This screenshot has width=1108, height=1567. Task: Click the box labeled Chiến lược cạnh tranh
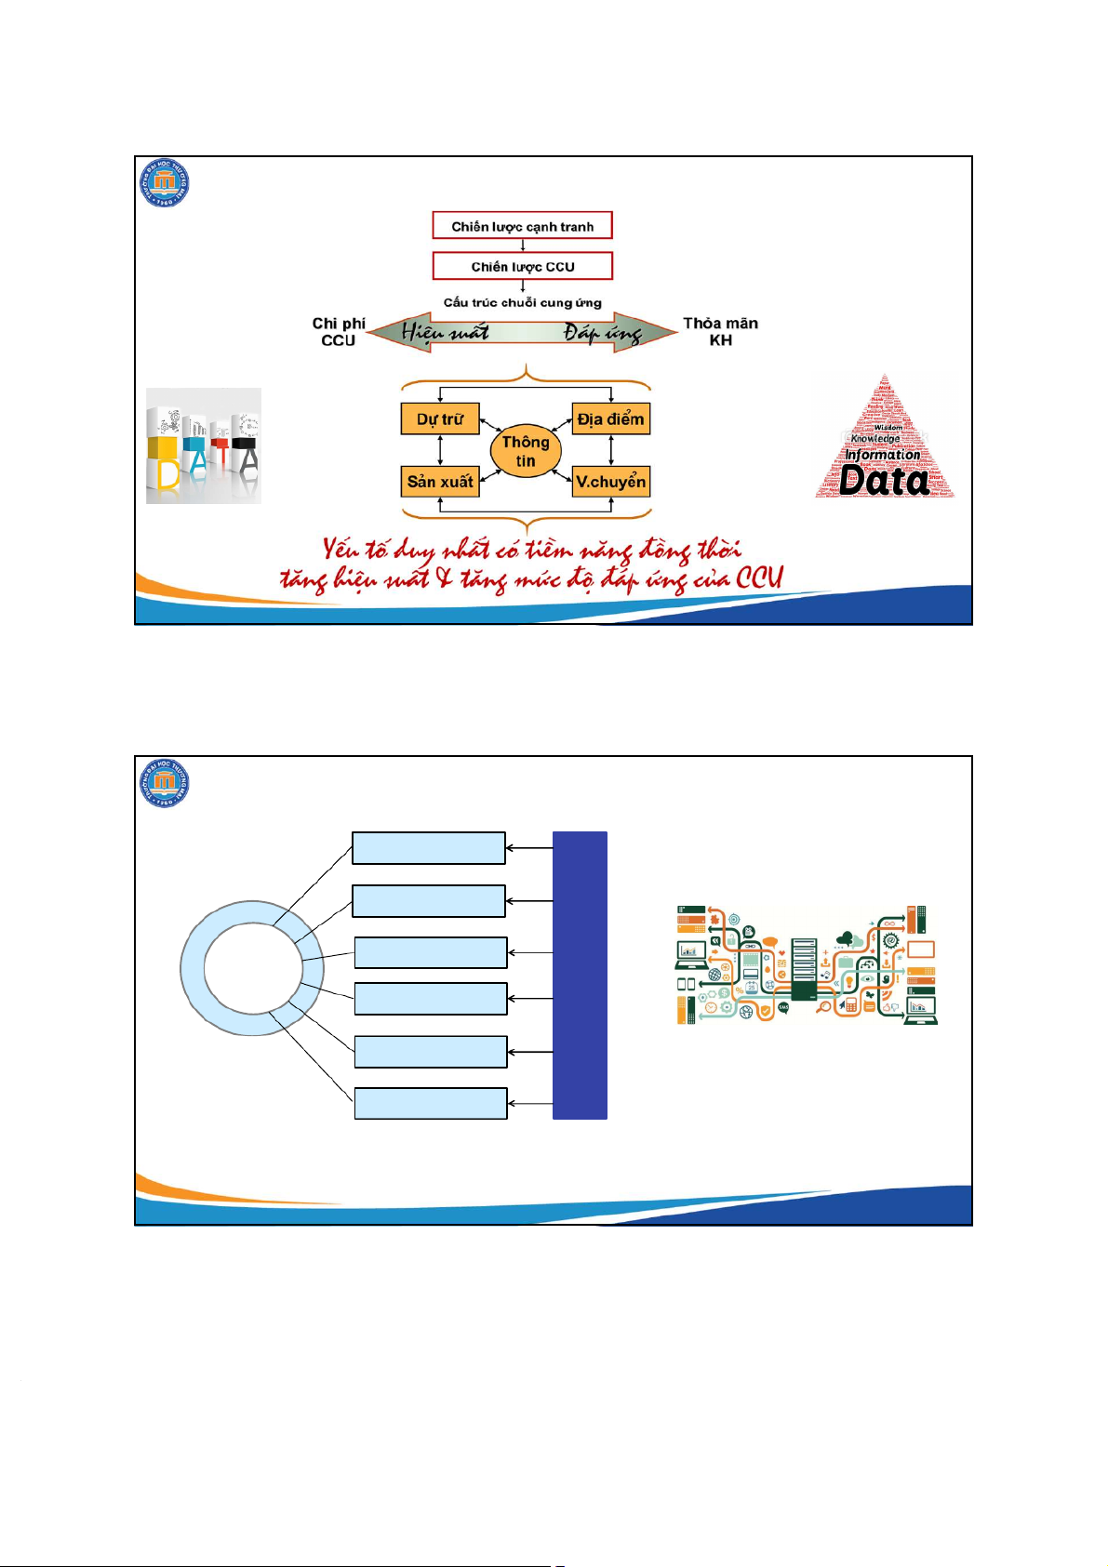click(522, 226)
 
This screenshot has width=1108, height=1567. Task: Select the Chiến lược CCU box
click(522, 267)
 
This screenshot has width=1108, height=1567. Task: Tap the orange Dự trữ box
click(439, 419)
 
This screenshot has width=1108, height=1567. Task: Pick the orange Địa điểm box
click(610, 419)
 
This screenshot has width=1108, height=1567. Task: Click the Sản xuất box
click(439, 482)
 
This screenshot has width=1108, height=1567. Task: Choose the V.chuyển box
click(610, 482)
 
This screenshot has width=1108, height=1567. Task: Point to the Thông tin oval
click(526, 451)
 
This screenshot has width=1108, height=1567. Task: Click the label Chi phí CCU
click(339, 332)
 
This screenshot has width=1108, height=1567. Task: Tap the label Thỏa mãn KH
click(720, 332)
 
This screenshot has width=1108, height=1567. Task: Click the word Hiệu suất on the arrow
click(445, 332)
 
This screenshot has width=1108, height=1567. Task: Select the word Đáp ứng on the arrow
click(602, 333)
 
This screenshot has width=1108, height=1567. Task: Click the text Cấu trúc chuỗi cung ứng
click(522, 302)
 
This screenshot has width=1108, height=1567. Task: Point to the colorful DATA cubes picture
click(204, 446)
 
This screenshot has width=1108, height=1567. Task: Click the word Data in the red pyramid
click(884, 481)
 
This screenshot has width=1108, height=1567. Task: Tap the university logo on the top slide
click(165, 182)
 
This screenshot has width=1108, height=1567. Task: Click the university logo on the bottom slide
click(165, 783)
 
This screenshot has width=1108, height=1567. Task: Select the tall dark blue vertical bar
click(580, 975)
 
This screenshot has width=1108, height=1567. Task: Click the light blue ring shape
click(192, 968)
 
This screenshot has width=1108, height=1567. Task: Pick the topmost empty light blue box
click(428, 848)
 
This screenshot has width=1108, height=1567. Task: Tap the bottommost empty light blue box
click(431, 1104)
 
